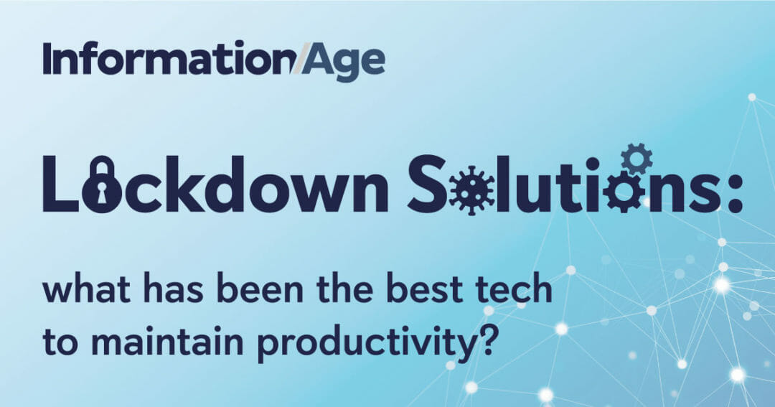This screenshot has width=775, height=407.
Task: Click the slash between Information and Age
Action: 298,58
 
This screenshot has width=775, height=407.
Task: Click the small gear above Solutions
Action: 637,158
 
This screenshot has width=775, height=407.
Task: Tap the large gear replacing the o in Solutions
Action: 624,192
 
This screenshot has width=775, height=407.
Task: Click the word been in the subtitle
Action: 260,289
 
